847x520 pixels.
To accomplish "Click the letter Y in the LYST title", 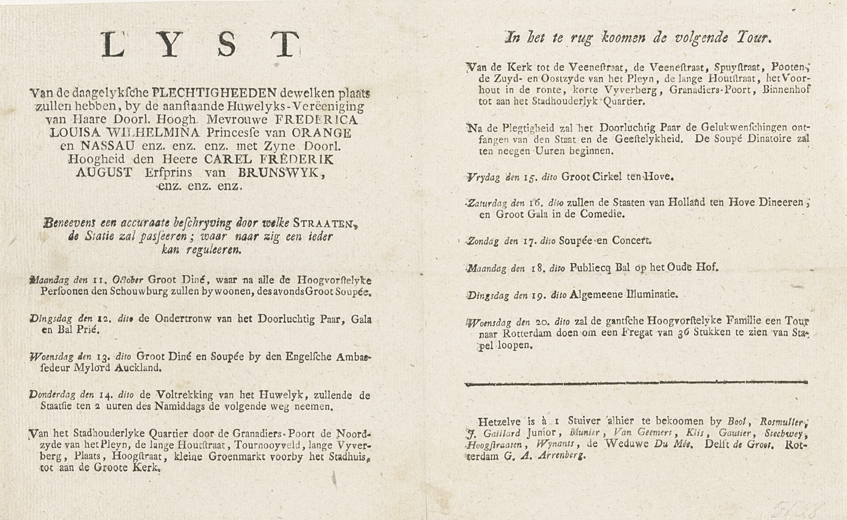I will pos(170,45).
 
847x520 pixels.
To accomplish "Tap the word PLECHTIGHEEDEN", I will pos(214,93).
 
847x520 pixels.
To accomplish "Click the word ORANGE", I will pos(322,133).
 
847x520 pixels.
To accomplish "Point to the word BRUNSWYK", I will pos(278,173).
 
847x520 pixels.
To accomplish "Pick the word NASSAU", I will pos(108,146).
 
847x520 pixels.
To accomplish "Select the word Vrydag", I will pos(483,178).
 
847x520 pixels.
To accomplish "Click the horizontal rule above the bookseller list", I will pos(636,383).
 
